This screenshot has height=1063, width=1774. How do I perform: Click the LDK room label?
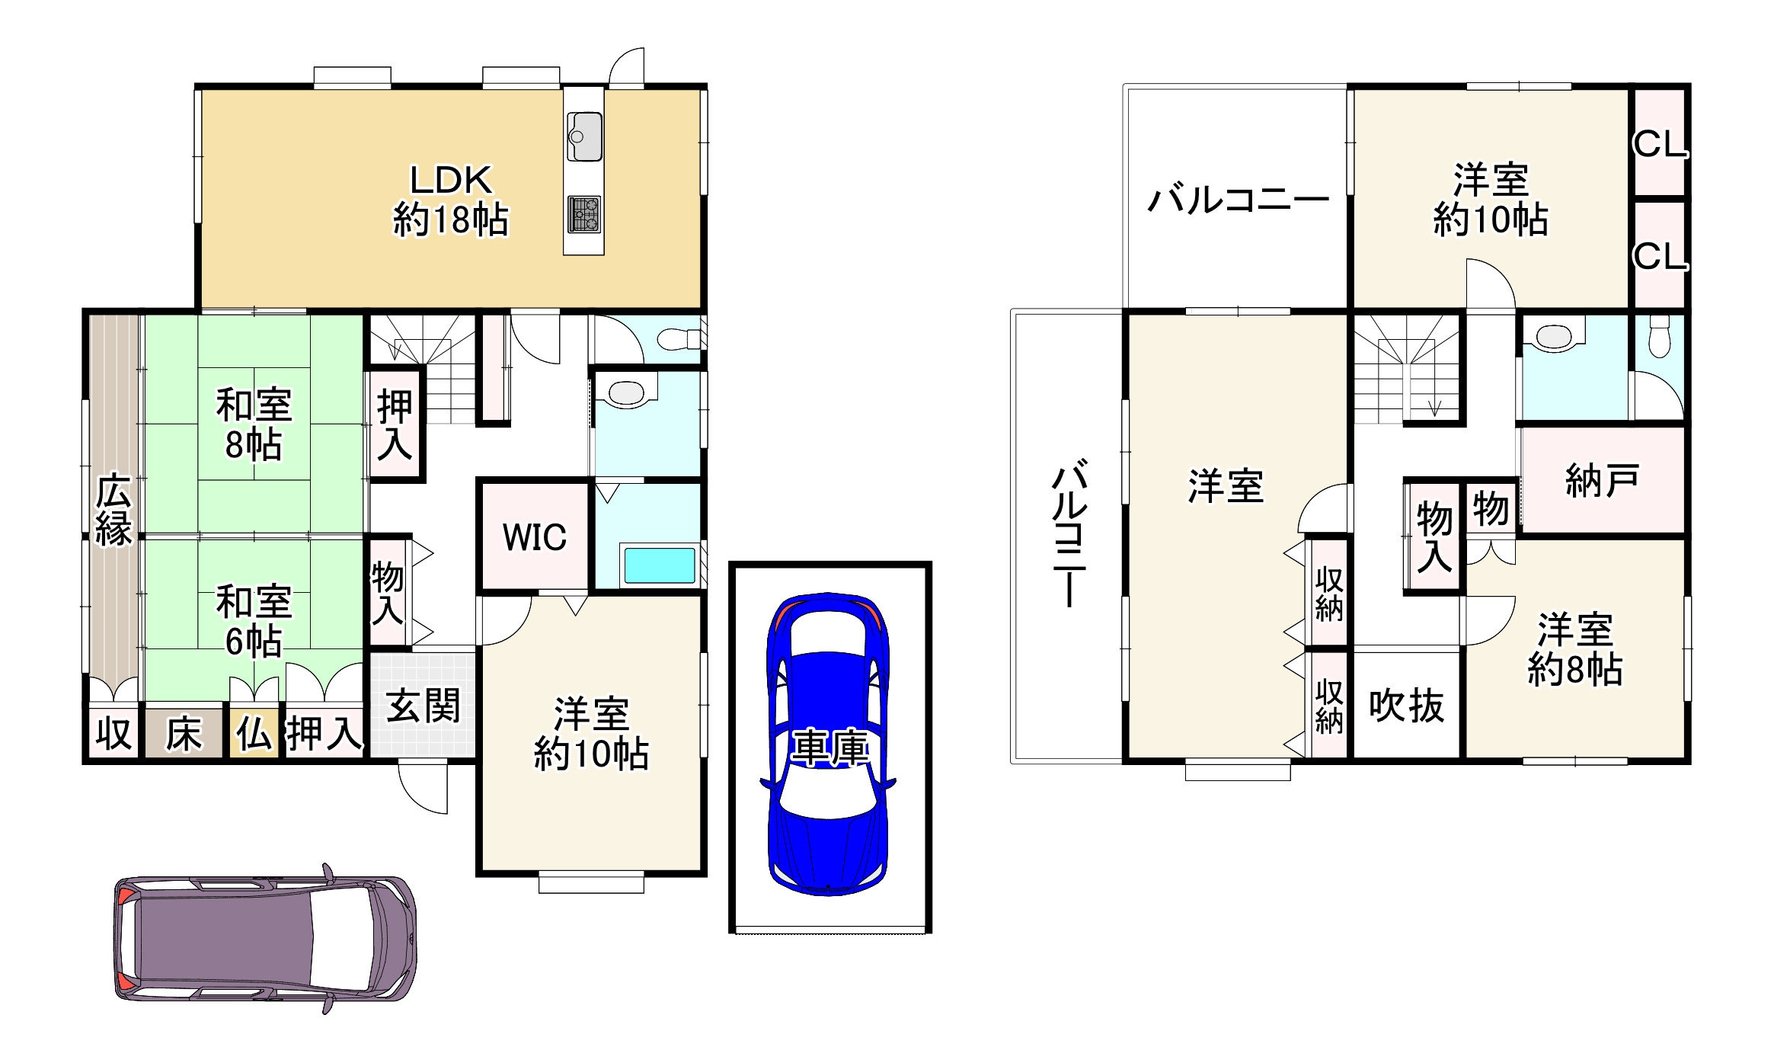(x=450, y=200)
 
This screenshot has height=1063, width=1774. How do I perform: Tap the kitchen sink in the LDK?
(x=584, y=137)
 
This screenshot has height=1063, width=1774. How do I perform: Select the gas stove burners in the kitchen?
(x=584, y=215)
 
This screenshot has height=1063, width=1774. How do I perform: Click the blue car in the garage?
(x=829, y=743)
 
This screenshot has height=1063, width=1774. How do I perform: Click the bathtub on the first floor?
(x=660, y=565)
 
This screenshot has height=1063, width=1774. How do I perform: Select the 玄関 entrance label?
(x=423, y=706)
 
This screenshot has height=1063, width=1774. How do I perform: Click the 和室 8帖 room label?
(x=254, y=424)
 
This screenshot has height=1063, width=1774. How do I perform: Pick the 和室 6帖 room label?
(x=254, y=621)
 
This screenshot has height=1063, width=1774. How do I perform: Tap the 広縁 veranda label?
(x=113, y=509)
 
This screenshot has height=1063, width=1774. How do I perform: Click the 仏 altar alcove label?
(x=254, y=735)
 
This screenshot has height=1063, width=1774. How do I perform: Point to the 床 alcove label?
(x=184, y=735)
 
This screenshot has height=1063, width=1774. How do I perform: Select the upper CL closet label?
(x=1660, y=144)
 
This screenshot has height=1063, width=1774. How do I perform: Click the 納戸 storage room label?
(x=1601, y=481)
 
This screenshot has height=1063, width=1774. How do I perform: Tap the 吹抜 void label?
(x=1406, y=706)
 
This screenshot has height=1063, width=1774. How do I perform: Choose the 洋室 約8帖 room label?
(x=1574, y=650)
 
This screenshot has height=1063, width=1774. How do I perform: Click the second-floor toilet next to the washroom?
(x=1659, y=337)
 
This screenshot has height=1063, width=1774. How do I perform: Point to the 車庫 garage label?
(x=829, y=748)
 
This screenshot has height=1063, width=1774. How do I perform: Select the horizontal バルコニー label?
(x=1238, y=200)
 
